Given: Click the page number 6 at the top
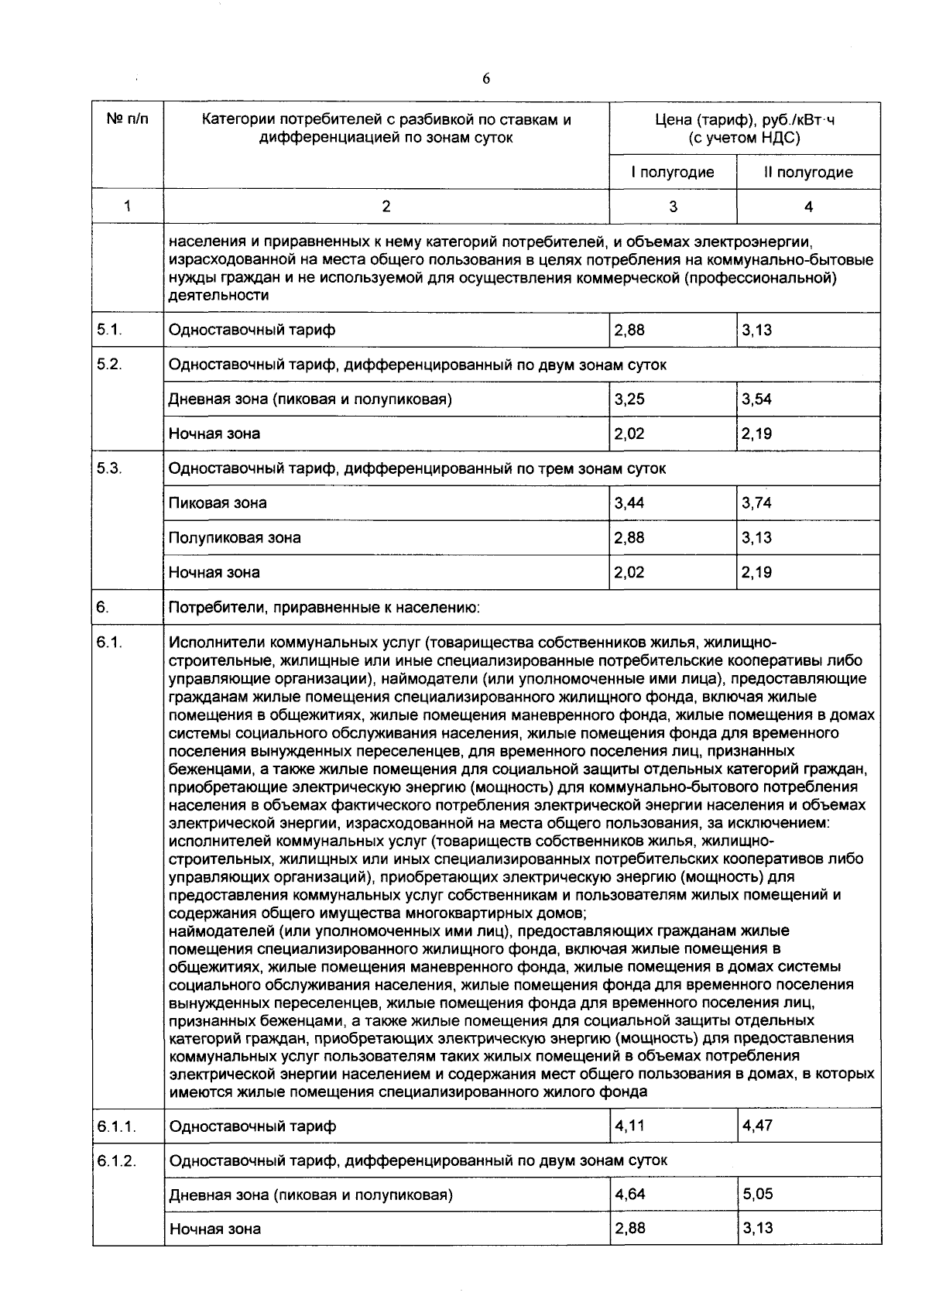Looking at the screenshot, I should (486, 79).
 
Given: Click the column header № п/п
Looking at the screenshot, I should (128, 120).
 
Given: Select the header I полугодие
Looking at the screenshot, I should (672, 172).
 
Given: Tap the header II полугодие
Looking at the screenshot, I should (808, 172).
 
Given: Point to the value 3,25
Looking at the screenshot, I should (629, 399).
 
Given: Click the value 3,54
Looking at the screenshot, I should (756, 399).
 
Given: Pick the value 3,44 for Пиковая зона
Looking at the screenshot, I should (629, 503).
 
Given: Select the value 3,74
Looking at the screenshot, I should (756, 503).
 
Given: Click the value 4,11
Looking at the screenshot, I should (629, 1124).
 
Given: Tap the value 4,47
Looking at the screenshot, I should (757, 1124).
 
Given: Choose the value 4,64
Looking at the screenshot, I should (629, 1194).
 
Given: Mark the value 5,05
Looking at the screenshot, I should (757, 1194).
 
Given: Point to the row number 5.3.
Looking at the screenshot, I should (109, 468).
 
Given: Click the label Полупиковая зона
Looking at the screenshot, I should (235, 538).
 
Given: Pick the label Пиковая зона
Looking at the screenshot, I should (218, 503).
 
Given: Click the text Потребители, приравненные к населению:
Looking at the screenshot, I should (324, 608).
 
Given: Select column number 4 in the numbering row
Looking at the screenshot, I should (808, 207).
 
